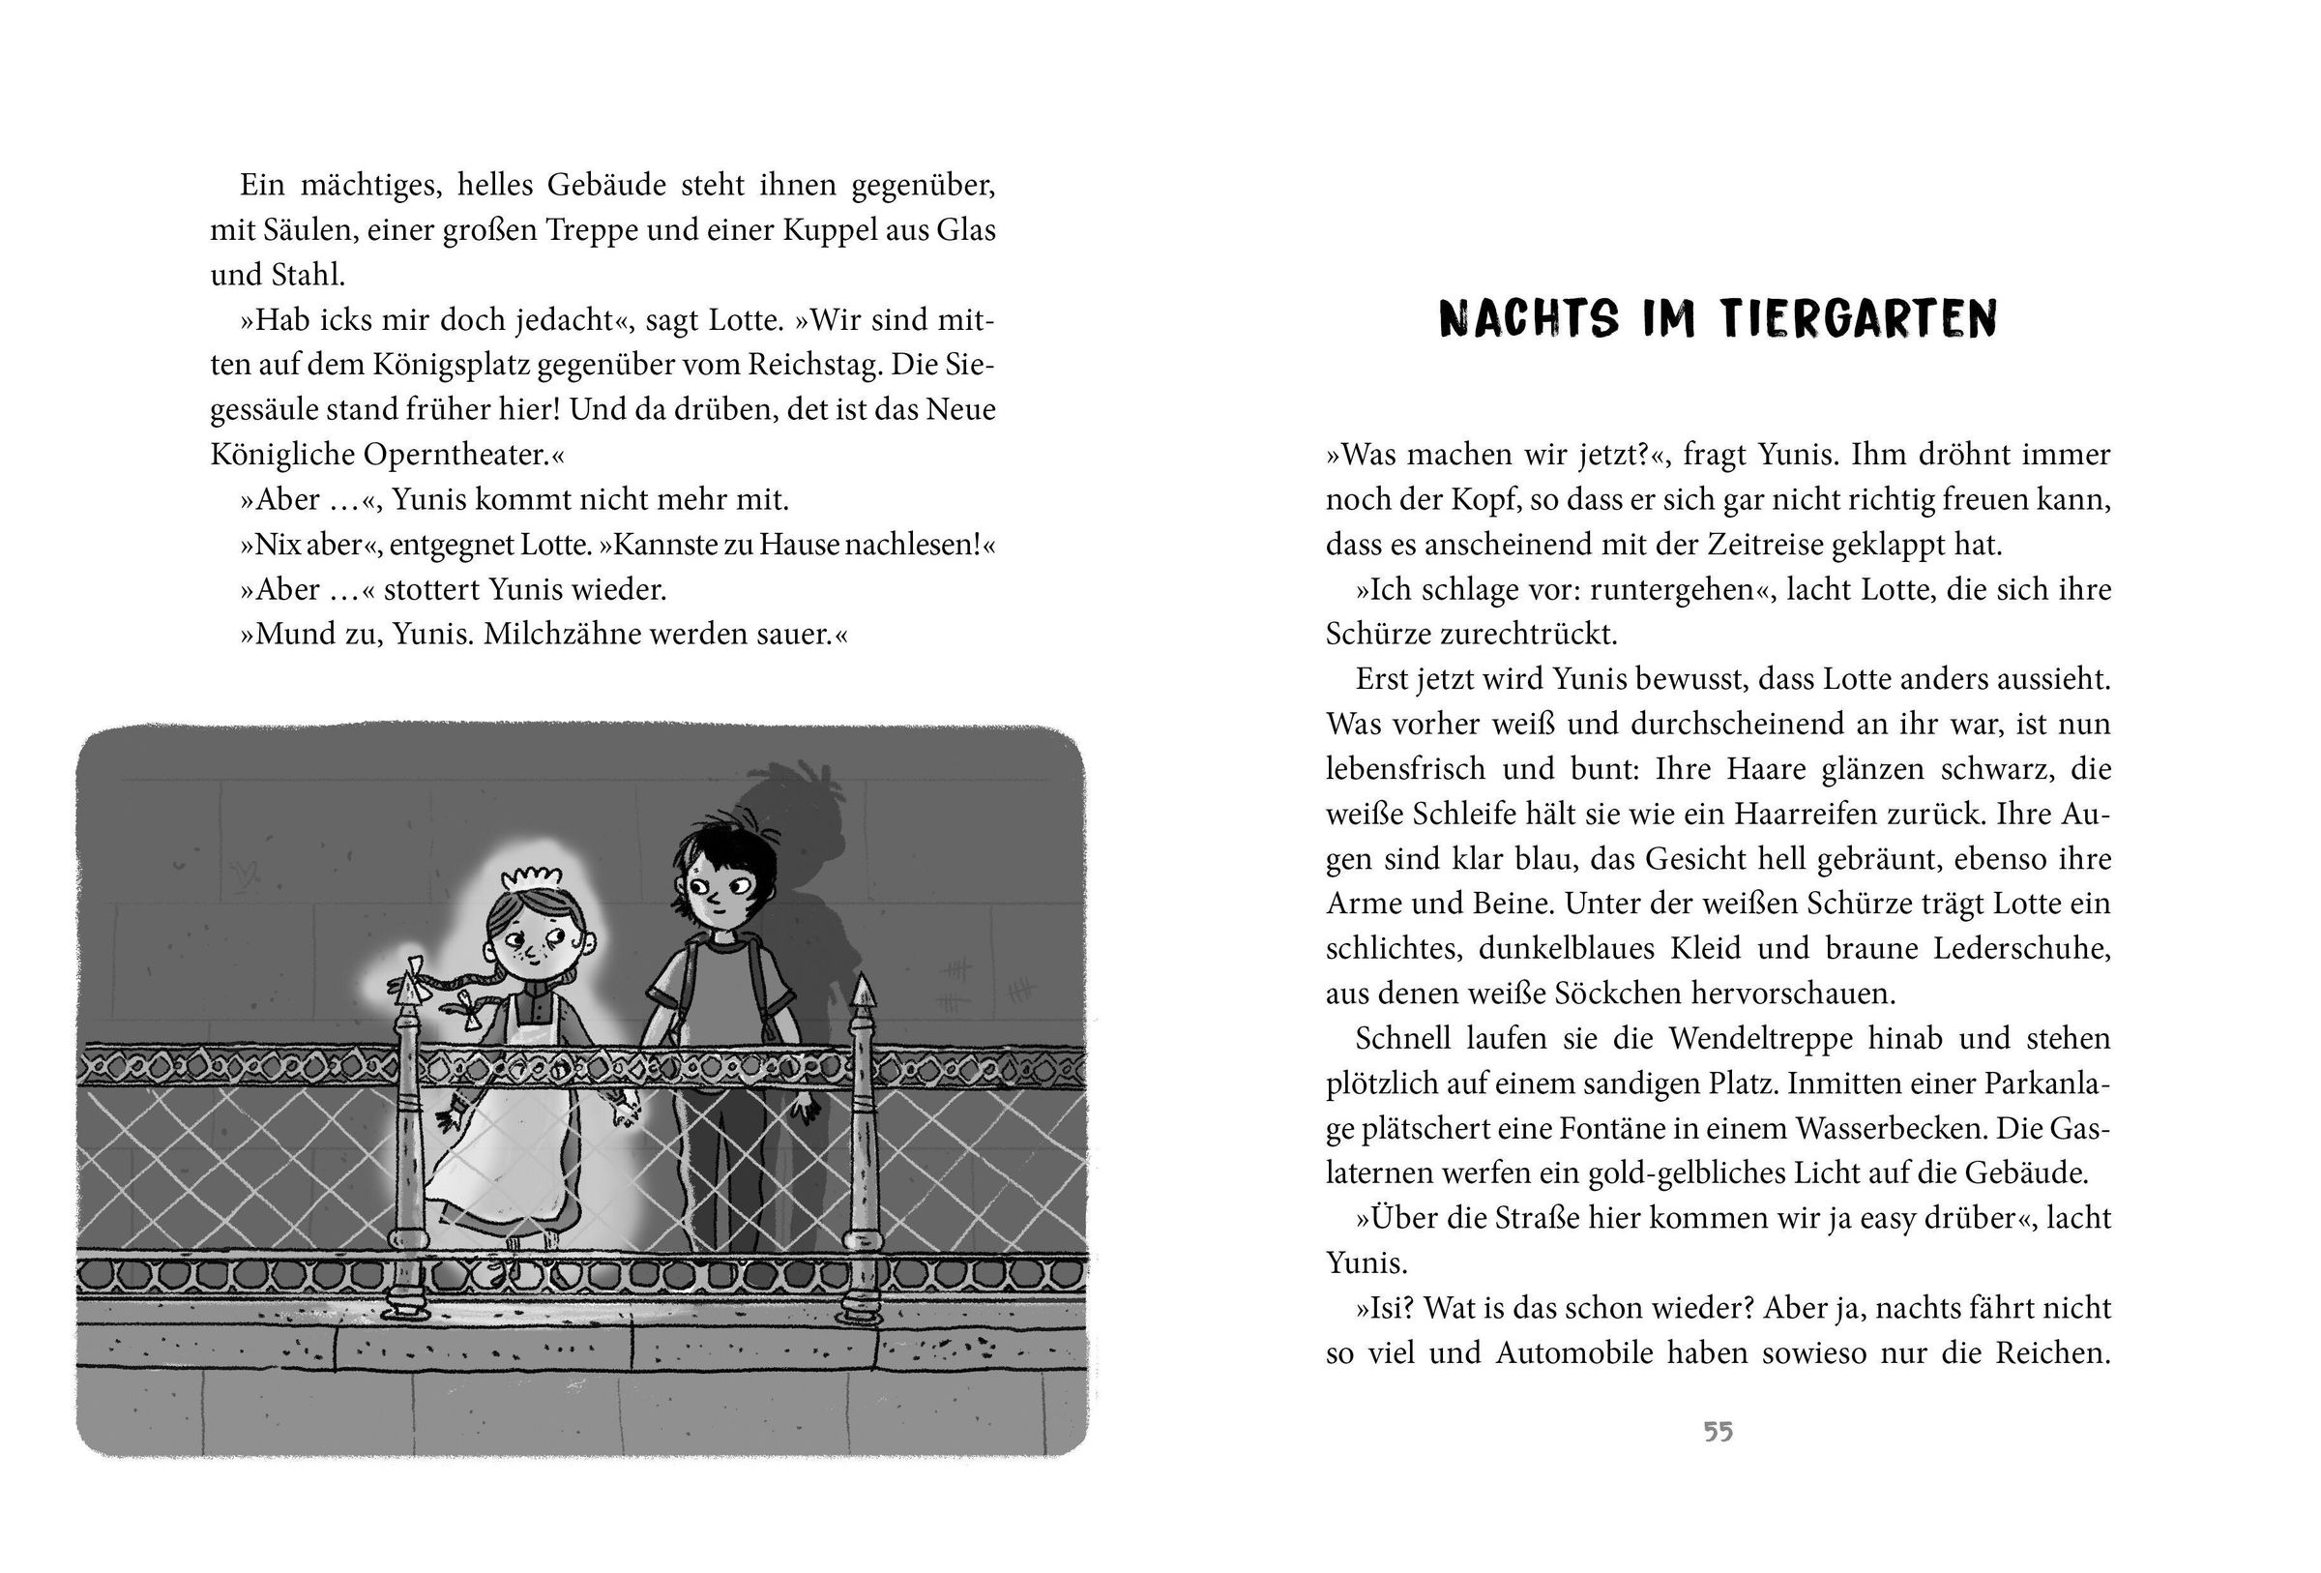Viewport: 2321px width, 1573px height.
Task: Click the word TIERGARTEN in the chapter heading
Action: click(x=1859, y=319)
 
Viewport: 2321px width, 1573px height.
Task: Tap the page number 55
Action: click(x=1718, y=1432)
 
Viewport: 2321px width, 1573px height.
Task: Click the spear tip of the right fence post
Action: click(x=861, y=991)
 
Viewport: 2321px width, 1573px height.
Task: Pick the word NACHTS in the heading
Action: click(x=1528, y=319)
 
